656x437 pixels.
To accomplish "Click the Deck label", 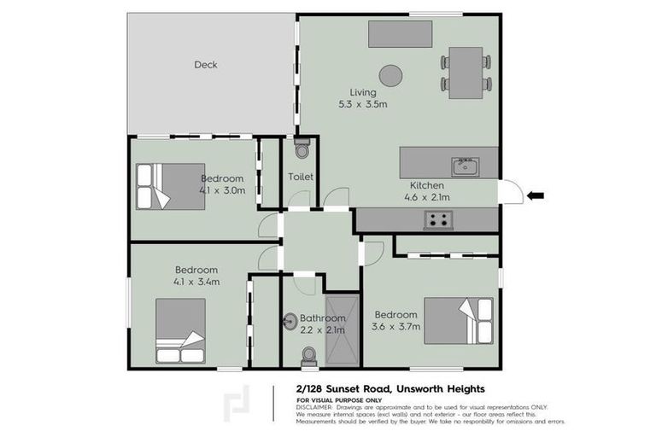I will point(206,64).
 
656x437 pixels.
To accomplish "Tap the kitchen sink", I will point(465,166).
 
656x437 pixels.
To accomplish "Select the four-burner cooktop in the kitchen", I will point(439,220).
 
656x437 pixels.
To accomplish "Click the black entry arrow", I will point(536,196).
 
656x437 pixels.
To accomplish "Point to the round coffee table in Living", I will point(391,75).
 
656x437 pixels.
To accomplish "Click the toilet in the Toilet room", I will point(300,149).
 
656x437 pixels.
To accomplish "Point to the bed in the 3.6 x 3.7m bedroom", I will point(459,321).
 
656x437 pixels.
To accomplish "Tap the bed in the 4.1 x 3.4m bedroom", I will point(180,331).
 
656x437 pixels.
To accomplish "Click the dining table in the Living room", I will point(466,72).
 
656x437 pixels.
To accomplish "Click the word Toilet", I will point(301,177).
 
